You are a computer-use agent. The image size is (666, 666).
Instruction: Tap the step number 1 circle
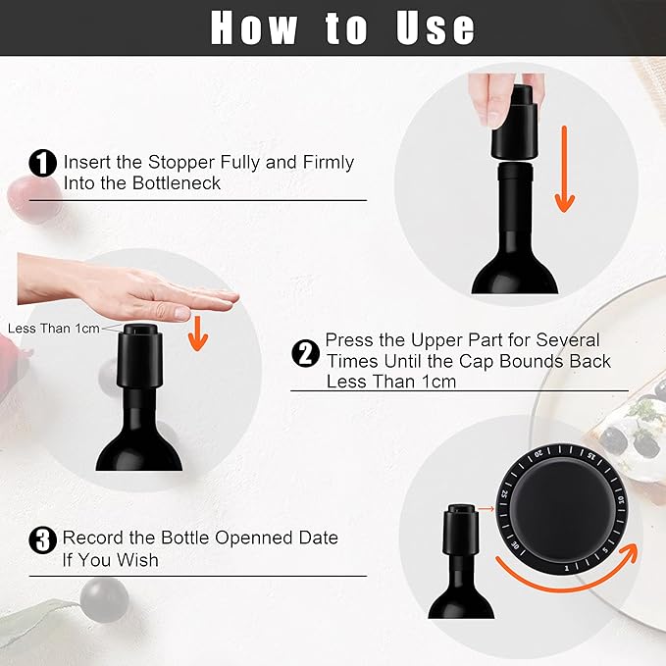click(x=43, y=164)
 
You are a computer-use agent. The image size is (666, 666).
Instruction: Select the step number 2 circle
click(x=305, y=352)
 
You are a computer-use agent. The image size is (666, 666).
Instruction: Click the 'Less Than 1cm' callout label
click(x=53, y=329)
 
